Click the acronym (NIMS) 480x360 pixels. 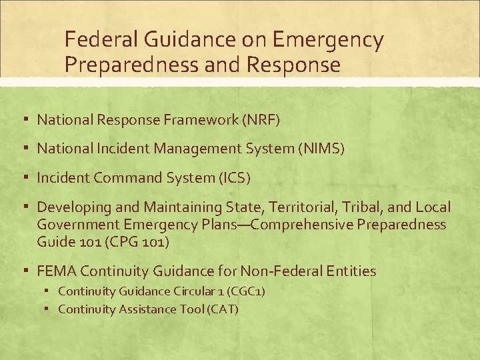pyautogui.click(x=321, y=149)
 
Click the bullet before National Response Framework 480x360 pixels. pyautogui.click(x=25, y=119)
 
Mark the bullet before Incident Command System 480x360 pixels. pyautogui.click(x=25, y=177)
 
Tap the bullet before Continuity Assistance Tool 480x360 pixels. pyautogui.click(x=49, y=309)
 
